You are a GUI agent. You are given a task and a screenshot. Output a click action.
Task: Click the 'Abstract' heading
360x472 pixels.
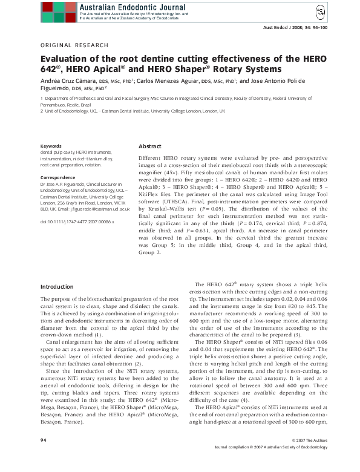click(150, 146)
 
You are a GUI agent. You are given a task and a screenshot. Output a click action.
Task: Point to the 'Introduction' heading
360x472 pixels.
click(56, 286)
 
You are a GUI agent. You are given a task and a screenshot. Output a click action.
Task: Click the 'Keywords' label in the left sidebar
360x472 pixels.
click(50, 146)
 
